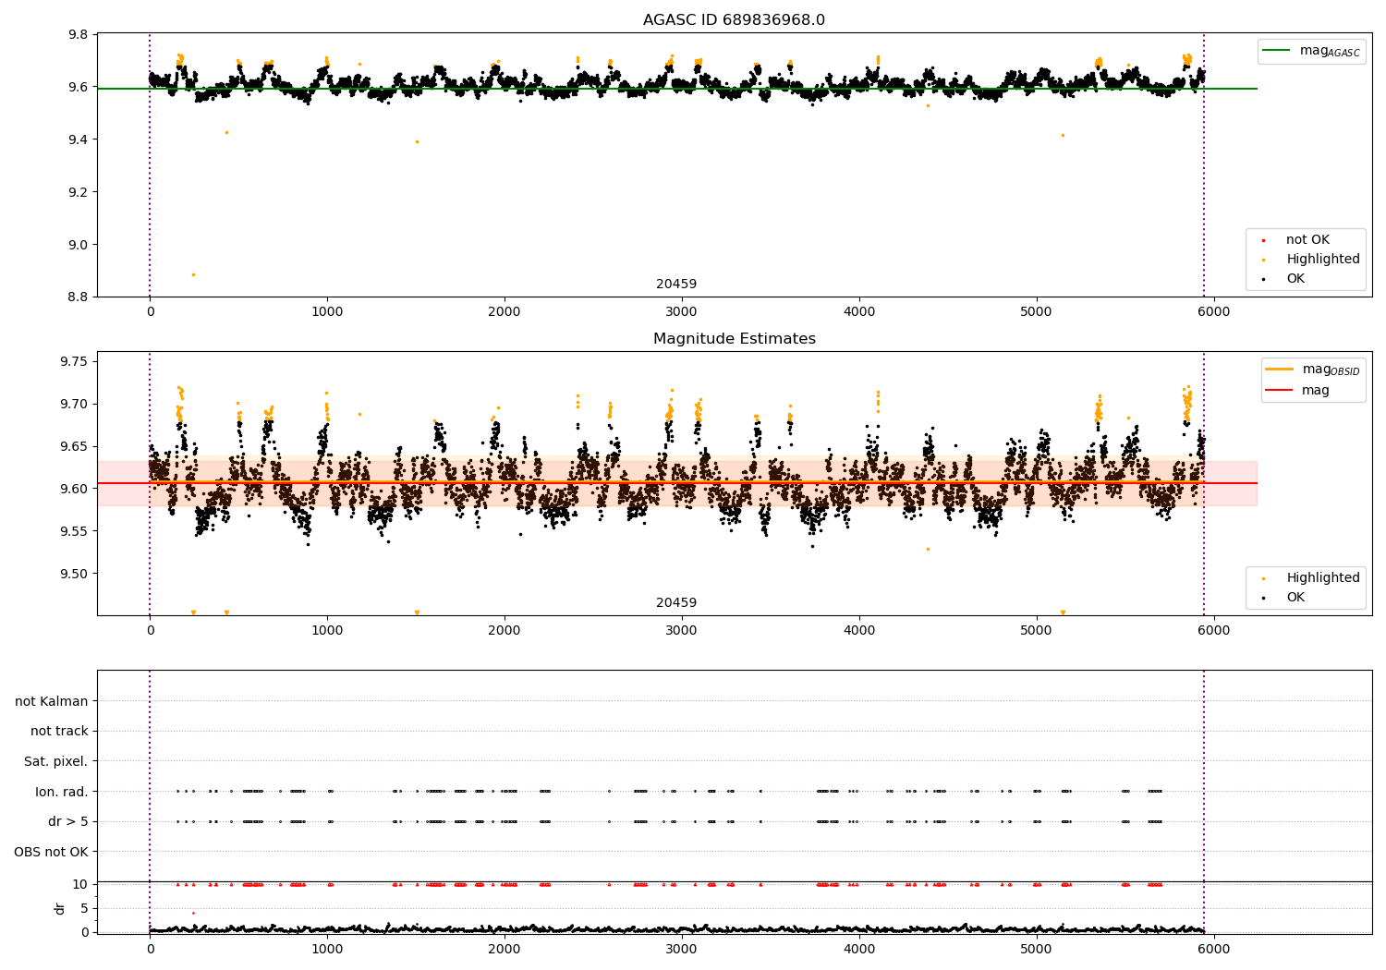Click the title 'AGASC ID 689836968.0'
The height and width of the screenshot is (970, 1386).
734,20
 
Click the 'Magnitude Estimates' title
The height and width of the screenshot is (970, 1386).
734,339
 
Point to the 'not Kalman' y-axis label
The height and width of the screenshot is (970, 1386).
52,702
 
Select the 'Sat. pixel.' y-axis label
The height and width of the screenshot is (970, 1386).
55,762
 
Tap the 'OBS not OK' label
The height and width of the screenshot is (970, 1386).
51,852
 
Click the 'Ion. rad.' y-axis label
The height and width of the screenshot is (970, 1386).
62,792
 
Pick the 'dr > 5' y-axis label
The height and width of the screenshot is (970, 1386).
68,822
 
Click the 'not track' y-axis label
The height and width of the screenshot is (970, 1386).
59,732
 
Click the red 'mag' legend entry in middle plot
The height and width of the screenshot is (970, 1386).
1315,391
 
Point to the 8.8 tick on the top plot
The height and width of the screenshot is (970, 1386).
77,297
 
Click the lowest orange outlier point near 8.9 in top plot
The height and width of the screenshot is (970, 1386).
193,274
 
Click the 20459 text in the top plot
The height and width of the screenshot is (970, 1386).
676,285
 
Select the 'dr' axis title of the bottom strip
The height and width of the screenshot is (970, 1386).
60,908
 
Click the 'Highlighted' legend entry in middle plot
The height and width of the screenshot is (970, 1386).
1322,578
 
